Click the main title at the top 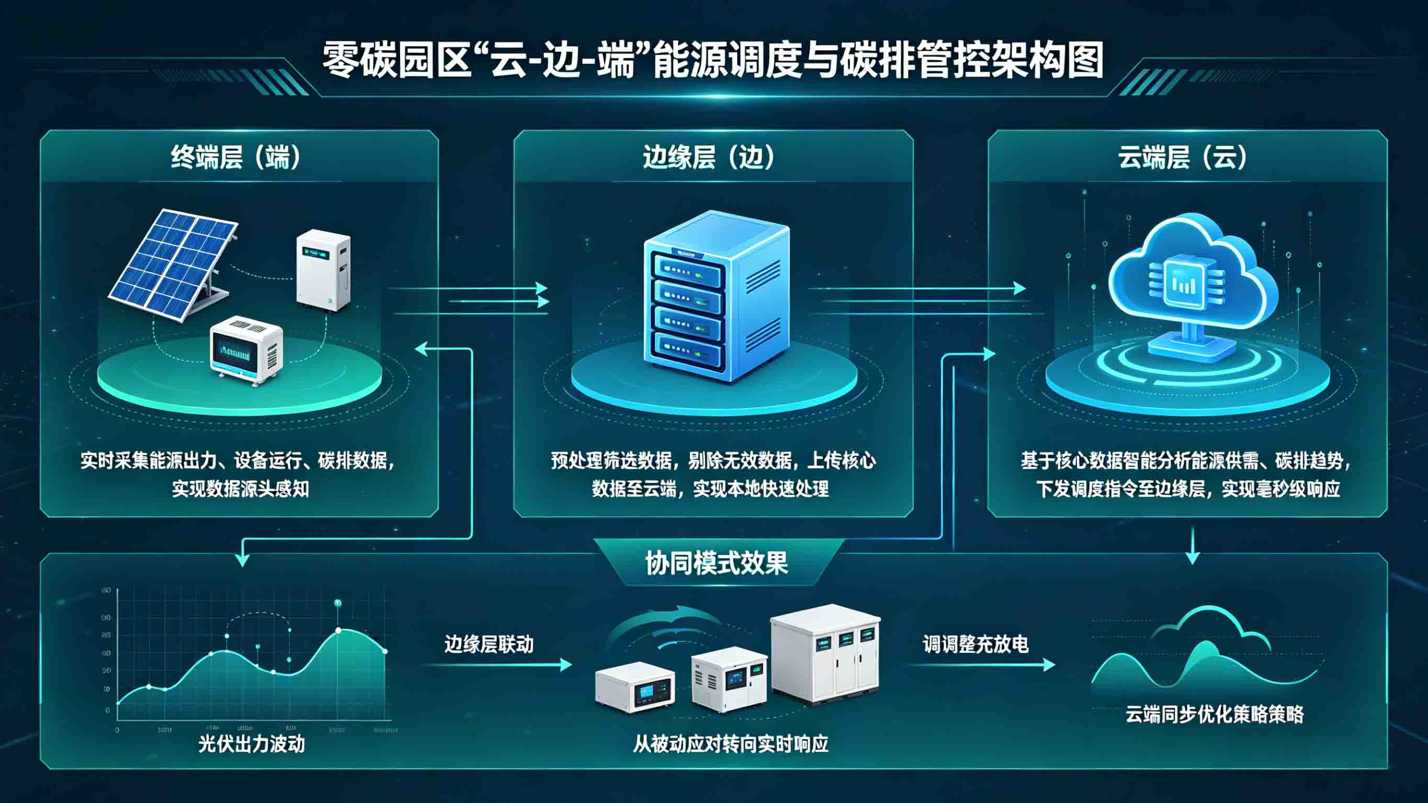pos(713,60)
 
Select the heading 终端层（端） pos(235,157)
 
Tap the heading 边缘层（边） pos(708,157)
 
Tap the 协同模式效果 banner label pos(716,563)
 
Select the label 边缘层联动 pos(489,644)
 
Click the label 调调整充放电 pos(975,644)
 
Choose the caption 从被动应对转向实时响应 pos(731,744)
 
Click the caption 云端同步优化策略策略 pos(1214,714)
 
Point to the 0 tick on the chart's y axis pos(108,710)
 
